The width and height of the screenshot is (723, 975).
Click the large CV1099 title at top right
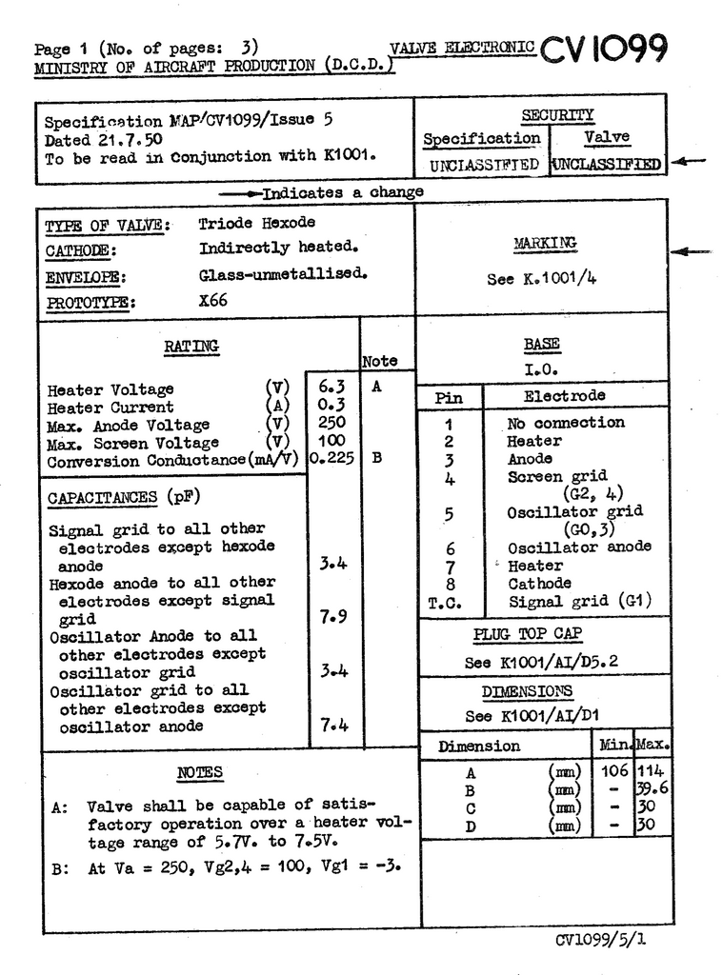coord(604,50)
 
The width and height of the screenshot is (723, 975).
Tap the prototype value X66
coord(213,299)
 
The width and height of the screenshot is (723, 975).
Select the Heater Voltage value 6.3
coord(331,387)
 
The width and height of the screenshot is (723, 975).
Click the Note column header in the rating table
coord(379,362)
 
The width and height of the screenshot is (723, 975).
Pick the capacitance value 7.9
coord(333,617)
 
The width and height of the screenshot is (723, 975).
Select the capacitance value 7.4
coord(333,726)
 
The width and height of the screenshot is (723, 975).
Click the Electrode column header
coord(564,396)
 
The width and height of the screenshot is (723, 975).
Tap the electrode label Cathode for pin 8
coord(539,584)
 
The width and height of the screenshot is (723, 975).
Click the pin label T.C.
coord(446,603)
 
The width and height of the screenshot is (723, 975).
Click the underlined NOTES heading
coord(200,772)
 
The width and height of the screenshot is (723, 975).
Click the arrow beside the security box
coord(688,162)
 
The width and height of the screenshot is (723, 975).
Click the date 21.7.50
coord(127,139)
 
